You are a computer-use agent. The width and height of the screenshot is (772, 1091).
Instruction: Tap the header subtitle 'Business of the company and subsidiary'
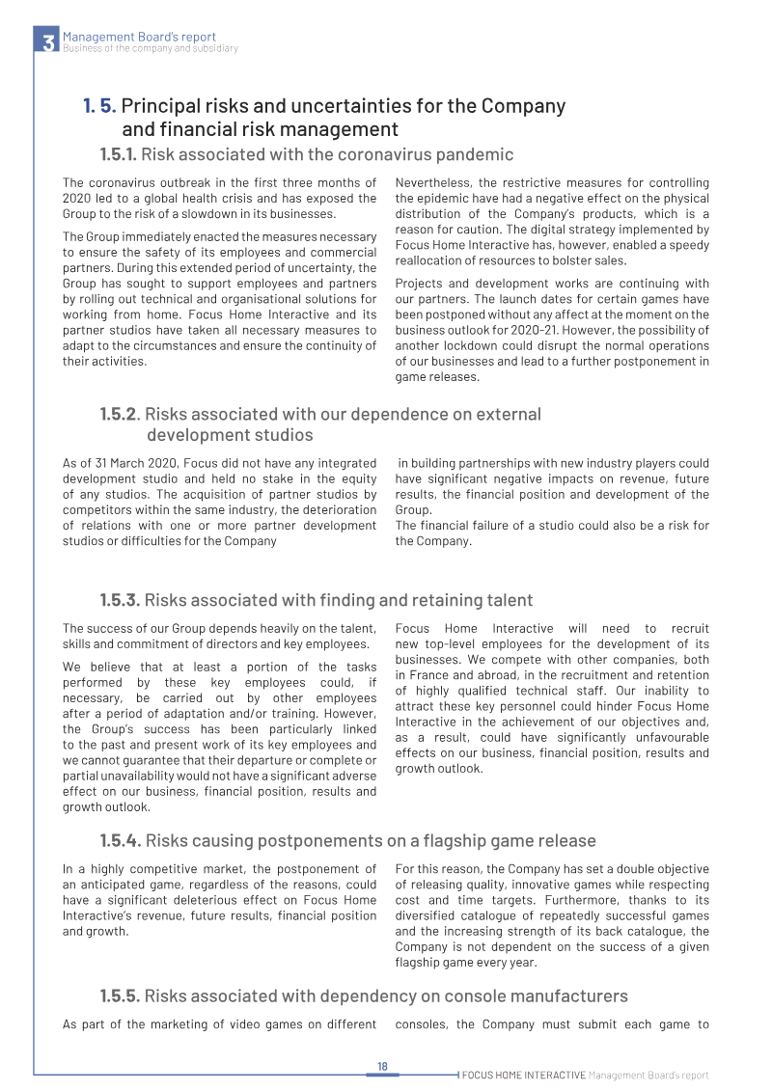click(x=150, y=48)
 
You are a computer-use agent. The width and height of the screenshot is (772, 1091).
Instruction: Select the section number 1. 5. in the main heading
click(x=99, y=106)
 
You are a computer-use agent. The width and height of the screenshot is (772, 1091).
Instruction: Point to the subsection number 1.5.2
click(x=120, y=415)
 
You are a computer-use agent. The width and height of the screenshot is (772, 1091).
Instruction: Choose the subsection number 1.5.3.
click(x=120, y=601)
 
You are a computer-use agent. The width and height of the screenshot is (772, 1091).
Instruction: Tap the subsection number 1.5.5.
click(x=120, y=996)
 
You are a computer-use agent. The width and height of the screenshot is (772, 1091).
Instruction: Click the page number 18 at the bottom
click(x=382, y=1066)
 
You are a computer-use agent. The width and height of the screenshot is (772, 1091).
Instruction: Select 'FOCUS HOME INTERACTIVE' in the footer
click(x=523, y=1075)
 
